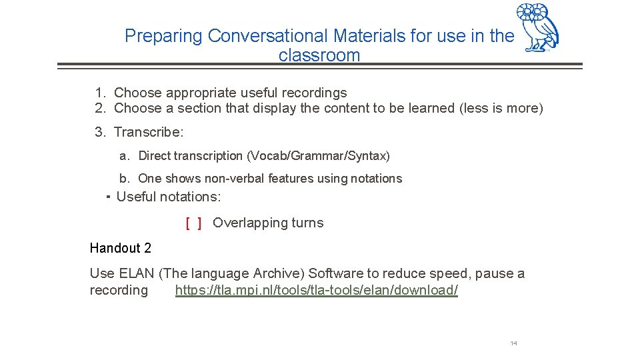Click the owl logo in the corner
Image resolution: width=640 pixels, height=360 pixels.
538,27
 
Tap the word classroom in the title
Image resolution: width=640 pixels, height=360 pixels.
319,55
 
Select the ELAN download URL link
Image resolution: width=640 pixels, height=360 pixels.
317,291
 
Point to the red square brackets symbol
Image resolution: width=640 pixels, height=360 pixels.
194,223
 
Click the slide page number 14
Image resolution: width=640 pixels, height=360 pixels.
513,343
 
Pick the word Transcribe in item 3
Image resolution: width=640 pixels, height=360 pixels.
147,132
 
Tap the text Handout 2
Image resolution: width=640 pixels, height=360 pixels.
121,248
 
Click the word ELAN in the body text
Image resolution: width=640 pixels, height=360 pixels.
121,273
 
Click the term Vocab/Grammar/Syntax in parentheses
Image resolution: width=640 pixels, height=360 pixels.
318,156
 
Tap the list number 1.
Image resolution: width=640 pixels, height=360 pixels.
99,93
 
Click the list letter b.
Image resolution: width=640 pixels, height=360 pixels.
124,179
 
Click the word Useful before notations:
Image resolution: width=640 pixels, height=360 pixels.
137,197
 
